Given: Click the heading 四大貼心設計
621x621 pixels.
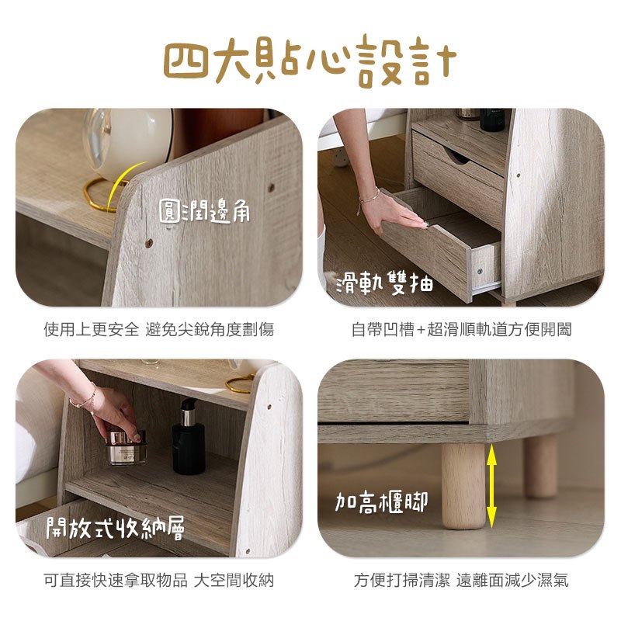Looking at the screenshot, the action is [x=310, y=61].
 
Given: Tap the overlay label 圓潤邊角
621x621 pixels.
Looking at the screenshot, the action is [x=204, y=210].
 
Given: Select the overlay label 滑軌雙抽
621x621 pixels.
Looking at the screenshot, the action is [x=384, y=283].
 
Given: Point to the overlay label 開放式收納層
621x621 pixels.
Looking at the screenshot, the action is [x=115, y=528].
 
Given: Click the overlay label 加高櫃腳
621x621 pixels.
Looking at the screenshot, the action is [x=381, y=502].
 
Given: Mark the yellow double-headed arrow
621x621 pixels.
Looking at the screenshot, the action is [x=491, y=486].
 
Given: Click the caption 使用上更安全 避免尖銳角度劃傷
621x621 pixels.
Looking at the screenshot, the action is [x=159, y=329].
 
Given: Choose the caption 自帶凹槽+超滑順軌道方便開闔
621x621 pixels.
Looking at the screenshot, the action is [x=461, y=329].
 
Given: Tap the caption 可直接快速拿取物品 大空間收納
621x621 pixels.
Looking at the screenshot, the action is [x=159, y=581].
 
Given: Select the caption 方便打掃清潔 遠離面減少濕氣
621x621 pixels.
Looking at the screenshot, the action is [x=461, y=581].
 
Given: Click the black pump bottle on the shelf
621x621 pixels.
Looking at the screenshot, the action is [x=189, y=437].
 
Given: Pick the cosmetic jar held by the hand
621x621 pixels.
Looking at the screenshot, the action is [x=127, y=448].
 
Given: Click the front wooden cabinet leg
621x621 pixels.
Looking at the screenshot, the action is [x=463, y=486].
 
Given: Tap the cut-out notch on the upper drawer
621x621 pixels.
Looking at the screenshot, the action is [x=458, y=157].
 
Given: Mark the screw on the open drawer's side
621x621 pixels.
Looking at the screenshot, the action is [x=480, y=271].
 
